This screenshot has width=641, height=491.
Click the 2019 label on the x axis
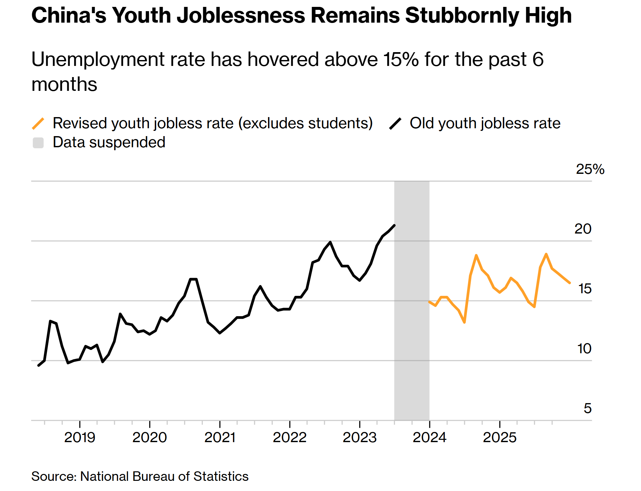(79, 437)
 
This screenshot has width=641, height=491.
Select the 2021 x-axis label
(220, 437)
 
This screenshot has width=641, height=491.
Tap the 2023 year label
(360, 437)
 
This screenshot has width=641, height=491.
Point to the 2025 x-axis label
(500, 437)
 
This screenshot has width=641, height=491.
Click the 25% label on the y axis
(590, 169)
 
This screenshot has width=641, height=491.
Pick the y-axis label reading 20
(583, 229)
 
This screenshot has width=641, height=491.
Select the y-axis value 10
(584, 349)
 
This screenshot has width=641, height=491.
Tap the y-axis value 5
(588, 408)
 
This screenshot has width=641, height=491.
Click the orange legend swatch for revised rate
(38, 123)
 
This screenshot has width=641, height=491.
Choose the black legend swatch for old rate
(395, 123)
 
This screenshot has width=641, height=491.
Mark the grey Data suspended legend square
(38, 143)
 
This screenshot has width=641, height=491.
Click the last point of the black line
(394, 225)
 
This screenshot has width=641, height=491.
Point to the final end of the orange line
(569, 282)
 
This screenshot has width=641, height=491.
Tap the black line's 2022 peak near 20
(330, 242)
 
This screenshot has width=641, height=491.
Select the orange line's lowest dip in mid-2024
(465, 322)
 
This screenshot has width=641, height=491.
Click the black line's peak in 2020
(193, 279)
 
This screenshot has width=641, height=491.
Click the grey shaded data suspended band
(412, 328)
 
